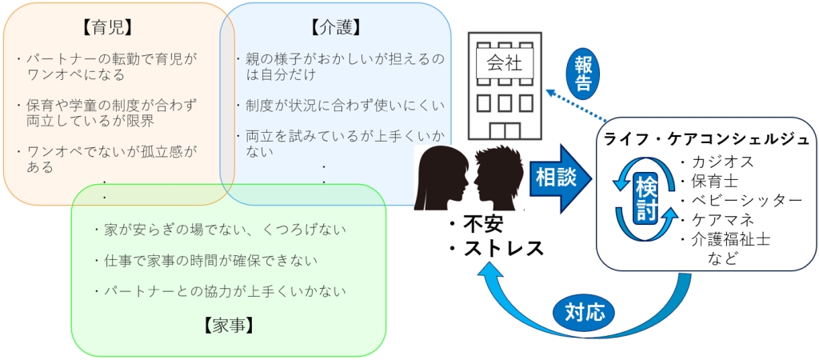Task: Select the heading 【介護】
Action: coord(334,27)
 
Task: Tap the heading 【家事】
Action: coord(230,324)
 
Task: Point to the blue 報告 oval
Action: coord(584,71)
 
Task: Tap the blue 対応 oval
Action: coord(584,310)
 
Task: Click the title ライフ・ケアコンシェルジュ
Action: coord(707,138)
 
